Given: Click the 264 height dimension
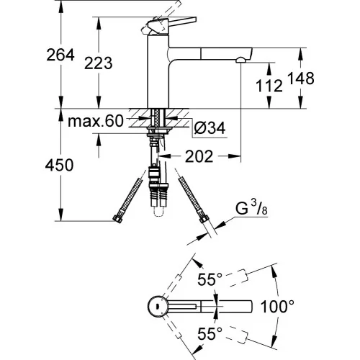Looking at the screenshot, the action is coord(60,55).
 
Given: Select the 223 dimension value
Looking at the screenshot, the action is coord(99,63).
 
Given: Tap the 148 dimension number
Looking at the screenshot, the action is coord(301,78).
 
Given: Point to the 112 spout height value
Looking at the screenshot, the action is coord(269,86).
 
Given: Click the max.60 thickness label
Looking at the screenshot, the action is coord(96,121).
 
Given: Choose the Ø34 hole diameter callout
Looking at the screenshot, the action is coord(210,127).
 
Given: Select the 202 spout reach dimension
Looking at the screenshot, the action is coord(199,156).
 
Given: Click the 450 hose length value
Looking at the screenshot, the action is coord(59,165).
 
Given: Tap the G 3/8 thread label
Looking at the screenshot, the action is coord(251,209).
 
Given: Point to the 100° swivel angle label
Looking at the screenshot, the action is coord(277,307).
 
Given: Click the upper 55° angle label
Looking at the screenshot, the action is coord(210,279).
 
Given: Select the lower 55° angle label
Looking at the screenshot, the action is coord(210,333).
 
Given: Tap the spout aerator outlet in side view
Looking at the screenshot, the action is coord(240,60).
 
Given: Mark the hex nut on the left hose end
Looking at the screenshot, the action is coord(117,219).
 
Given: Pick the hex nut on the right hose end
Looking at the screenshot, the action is coord(204,219).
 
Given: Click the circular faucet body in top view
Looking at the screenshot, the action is coord(157,306).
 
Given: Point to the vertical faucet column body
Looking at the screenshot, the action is coord(158,71).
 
